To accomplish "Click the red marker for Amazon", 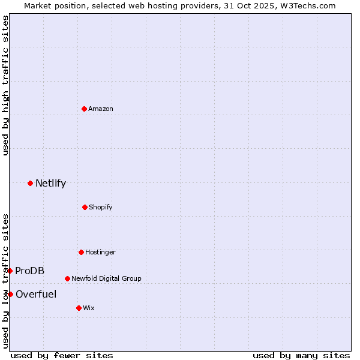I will pyautogui.click(x=85, y=109).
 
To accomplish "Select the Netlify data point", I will pyautogui.click(x=30, y=183).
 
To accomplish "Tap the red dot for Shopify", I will pyautogui.click(x=85, y=207).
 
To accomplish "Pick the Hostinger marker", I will pyautogui.click(x=81, y=252).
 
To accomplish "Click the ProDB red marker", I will pyautogui.click(x=10, y=271).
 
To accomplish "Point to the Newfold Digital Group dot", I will pyautogui.click(x=67, y=278).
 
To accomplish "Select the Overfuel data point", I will pyautogui.click(x=10, y=294).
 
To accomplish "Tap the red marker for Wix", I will pyautogui.click(x=79, y=308).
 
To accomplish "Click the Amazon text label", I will pyautogui.click(x=101, y=109).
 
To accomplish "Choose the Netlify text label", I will pyautogui.click(x=50, y=183).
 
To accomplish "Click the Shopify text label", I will pyautogui.click(x=101, y=207).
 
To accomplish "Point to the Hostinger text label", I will pyautogui.click(x=100, y=252).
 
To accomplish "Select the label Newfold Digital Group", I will pyautogui.click(x=106, y=278).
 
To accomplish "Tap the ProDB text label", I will pyautogui.click(x=29, y=271).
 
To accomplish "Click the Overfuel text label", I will pyautogui.click(x=36, y=294).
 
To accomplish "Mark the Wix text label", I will pyautogui.click(x=89, y=308).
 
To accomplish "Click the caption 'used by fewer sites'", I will pyautogui.click(x=62, y=355).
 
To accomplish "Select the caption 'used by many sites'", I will pyautogui.click(x=301, y=355).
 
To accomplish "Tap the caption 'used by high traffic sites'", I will pyautogui.click(x=5, y=85).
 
